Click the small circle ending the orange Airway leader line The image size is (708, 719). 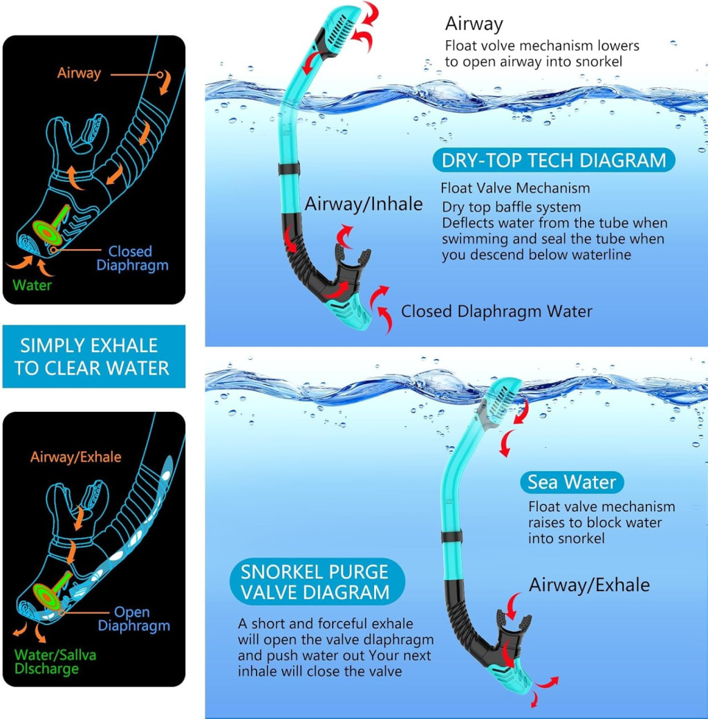tap(160, 74)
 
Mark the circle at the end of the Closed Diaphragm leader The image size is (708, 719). tap(54, 250)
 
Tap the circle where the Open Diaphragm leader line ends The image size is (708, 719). tap(62, 612)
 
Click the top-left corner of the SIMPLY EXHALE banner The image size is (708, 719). tap(3, 325)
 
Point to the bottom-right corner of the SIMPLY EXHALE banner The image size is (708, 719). tap(185, 388)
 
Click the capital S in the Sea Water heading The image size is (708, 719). tap(533, 482)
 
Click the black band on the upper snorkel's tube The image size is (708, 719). tap(289, 168)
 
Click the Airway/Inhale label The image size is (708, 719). tap(364, 204)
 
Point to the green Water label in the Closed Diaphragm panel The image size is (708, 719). tap(32, 285)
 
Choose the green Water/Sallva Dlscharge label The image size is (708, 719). tap(55, 662)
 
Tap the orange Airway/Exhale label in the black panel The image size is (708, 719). tap(75, 457)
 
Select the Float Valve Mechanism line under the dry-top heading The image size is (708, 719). tap(515, 188)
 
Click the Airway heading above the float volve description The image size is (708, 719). tap(474, 24)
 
